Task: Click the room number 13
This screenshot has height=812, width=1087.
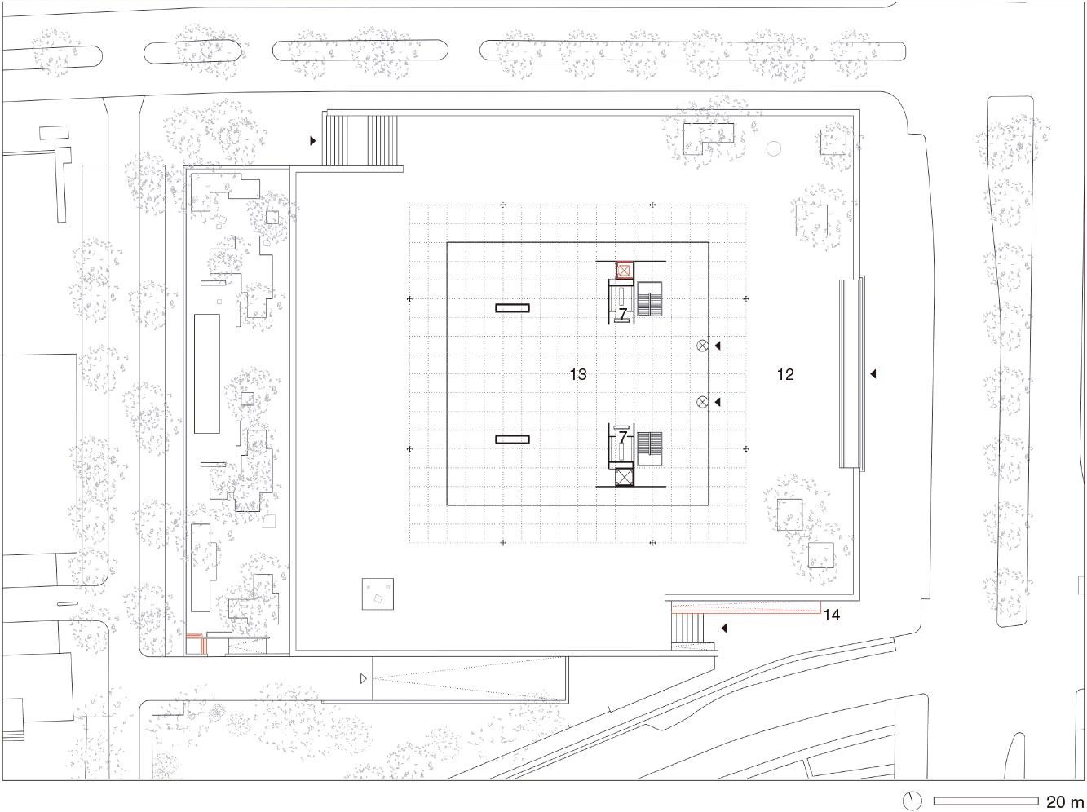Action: (578, 374)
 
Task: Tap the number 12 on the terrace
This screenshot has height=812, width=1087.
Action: (785, 374)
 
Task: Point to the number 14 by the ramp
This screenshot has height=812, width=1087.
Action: (832, 615)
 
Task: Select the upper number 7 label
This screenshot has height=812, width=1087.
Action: (623, 313)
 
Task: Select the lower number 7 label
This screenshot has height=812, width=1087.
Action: (623, 436)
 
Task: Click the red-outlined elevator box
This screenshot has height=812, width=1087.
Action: (625, 271)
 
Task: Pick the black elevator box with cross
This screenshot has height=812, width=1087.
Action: (624, 477)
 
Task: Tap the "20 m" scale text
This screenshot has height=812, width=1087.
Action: (1065, 801)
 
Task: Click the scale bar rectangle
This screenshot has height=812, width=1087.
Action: (986, 801)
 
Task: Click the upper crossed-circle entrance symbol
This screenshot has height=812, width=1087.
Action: (702, 346)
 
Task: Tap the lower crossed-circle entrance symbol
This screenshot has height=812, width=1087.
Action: (702, 402)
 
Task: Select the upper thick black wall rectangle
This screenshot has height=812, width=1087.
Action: (513, 308)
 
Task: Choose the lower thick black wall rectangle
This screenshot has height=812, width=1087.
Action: (513, 439)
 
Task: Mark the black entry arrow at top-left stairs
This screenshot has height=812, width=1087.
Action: (313, 140)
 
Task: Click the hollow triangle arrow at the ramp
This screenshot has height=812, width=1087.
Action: (364, 679)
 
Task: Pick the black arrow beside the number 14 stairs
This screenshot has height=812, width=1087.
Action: (724, 629)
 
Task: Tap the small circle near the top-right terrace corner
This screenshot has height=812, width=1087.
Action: (774, 148)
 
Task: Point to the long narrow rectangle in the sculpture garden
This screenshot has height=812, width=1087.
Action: (207, 374)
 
